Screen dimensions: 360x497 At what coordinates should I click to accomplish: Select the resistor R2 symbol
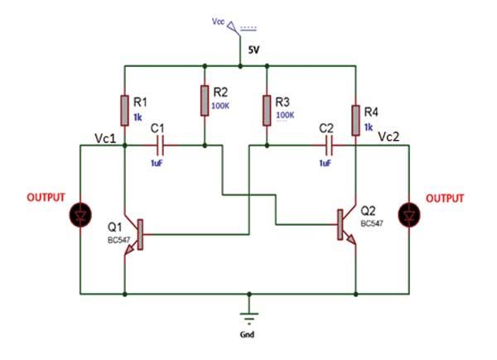[204, 101]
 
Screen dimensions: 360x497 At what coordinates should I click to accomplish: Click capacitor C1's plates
[162, 146]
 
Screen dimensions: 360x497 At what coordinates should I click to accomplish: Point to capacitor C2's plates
[330, 146]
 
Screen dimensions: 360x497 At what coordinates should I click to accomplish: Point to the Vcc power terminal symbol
[233, 26]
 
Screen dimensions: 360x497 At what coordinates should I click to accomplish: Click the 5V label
[253, 50]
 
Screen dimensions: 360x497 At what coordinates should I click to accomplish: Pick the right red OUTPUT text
[445, 199]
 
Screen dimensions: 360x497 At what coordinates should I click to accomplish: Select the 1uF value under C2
[326, 164]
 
